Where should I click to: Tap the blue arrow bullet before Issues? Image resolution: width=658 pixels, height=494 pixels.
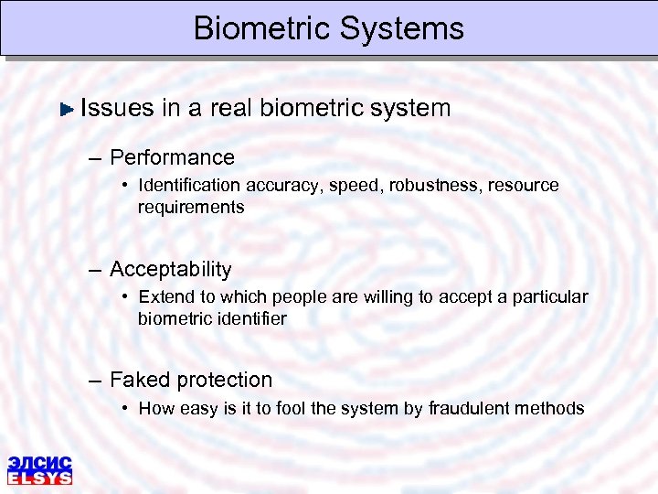(66, 109)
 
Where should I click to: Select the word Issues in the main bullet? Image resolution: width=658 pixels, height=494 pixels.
(117, 108)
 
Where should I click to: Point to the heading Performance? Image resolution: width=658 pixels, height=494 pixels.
(172, 157)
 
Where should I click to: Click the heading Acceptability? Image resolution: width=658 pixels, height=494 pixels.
(170, 270)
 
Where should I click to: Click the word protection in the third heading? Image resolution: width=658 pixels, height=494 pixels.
(224, 380)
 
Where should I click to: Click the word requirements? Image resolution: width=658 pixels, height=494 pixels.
(191, 207)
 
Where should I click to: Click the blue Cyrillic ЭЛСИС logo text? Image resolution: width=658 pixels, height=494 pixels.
(39, 463)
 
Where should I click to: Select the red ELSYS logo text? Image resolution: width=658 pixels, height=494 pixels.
(39, 477)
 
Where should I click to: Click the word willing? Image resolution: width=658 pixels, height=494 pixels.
(354, 297)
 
